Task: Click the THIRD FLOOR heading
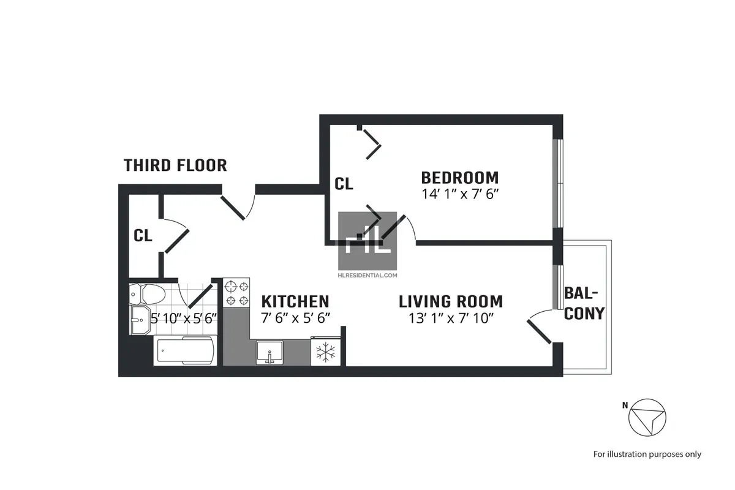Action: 175,165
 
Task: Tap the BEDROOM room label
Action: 459,178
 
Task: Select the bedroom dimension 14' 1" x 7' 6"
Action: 459,194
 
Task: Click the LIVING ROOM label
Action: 450,301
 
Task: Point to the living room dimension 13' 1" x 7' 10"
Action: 450,318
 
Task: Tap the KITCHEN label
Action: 295,301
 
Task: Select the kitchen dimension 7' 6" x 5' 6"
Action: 295,318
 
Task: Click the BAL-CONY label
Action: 584,303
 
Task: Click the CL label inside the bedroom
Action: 344,184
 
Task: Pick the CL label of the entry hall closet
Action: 143,236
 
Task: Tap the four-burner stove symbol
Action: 237,293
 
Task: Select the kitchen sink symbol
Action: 268,353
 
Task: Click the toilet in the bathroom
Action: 147,295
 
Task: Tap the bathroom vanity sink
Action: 140,319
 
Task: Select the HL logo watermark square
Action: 369,241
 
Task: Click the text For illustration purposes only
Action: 647,454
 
